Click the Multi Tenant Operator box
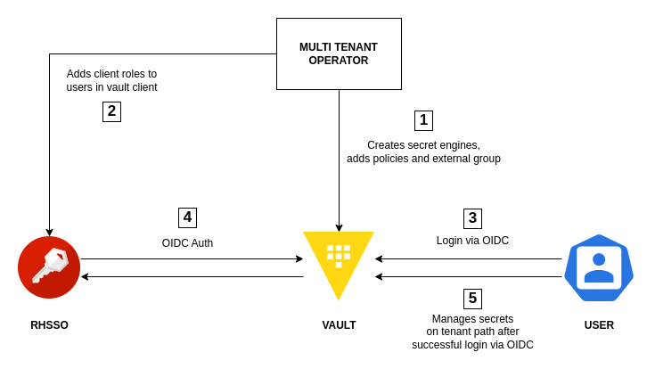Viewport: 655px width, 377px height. (x=339, y=53)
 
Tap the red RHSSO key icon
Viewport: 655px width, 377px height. (x=49, y=267)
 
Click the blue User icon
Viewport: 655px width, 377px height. (x=599, y=268)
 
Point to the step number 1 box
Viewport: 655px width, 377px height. (x=423, y=120)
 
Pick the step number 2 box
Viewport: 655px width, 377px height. (x=111, y=111)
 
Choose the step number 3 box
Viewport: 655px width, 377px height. (x=472, y=218)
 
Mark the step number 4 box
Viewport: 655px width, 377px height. (x=187, y=217)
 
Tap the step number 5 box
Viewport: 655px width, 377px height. (x=472, y=299)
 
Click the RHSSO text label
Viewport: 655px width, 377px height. (x=49, y=325)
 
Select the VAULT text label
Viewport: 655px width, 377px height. (x=339, y=325)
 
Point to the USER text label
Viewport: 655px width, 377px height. (x=599, y=325)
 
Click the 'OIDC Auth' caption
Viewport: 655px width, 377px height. (x=187, y=243)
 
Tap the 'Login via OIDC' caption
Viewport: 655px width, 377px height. (x=472, y=241)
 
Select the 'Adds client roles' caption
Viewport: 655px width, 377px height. (x=111, y=80)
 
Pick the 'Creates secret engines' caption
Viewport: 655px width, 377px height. (x=423, y=152)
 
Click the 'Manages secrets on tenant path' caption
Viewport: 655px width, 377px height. (x=472, y=332)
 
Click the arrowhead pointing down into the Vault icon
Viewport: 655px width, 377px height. (x=339, y=228)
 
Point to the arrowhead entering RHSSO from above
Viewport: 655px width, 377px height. (x=49, y=233)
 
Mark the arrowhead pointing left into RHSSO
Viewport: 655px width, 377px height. (x=85, y=276)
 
